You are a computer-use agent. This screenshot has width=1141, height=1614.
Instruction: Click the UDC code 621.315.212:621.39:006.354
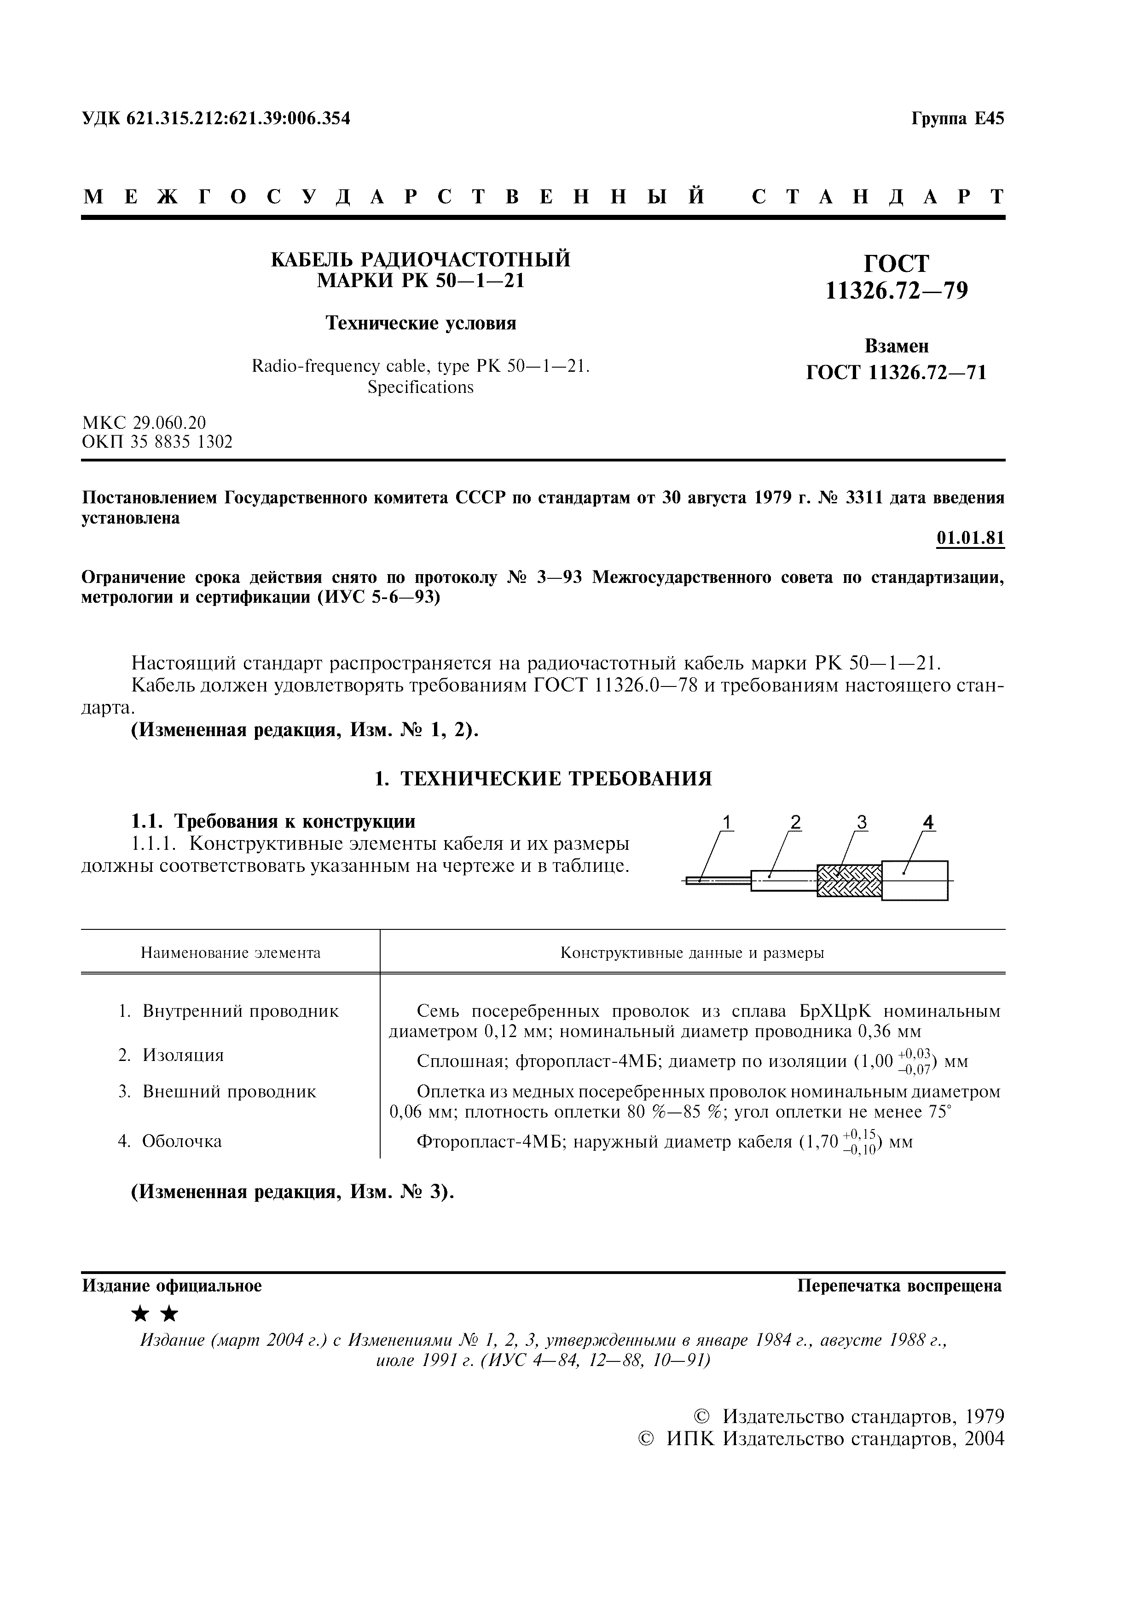click(237, 119)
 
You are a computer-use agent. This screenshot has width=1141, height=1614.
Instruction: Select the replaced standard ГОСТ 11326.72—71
click(896, 373)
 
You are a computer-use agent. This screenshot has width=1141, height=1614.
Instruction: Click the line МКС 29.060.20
click(144, 422)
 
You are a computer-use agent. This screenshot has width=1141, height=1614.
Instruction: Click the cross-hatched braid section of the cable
click(849, 880)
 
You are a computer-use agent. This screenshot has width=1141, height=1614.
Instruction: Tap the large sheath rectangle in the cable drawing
click(915, 880)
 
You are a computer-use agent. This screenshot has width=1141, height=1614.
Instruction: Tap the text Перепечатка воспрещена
click(899, 1285)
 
